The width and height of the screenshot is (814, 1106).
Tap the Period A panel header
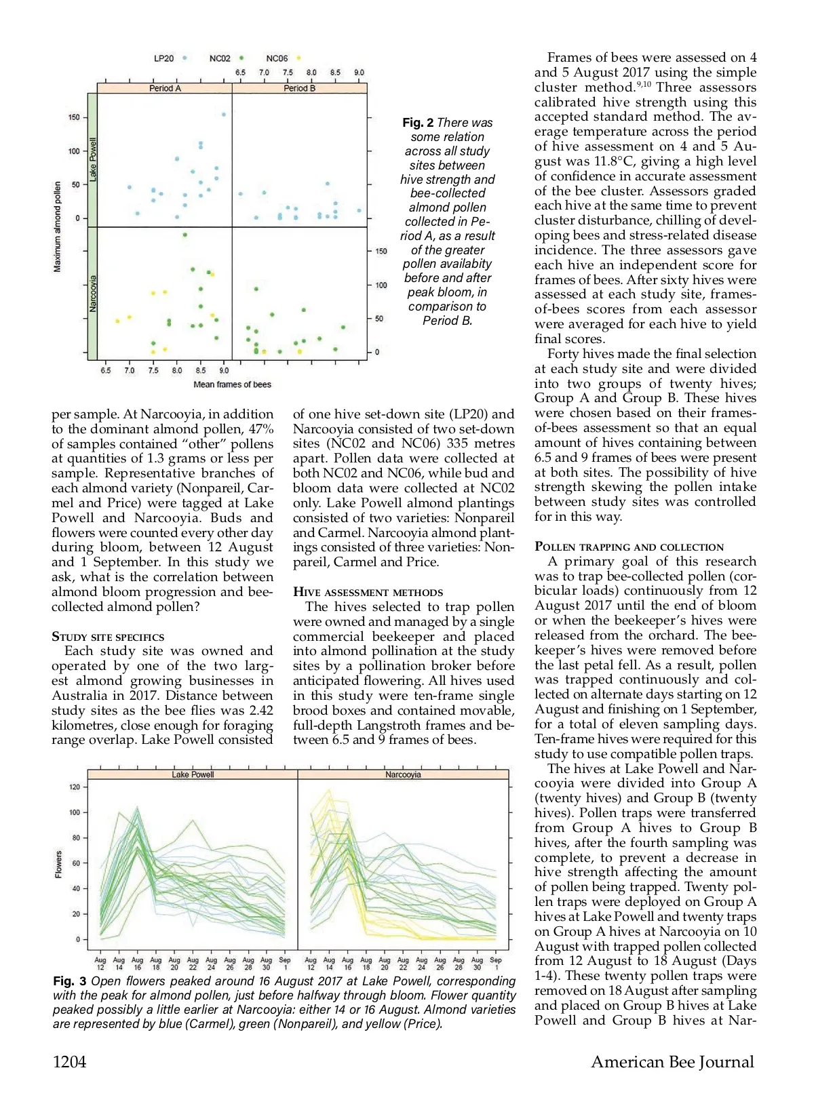click(165, 88)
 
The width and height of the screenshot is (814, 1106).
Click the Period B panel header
click(299, 88)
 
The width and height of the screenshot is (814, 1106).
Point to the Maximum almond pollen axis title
click(57, 226)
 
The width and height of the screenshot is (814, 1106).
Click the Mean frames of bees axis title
click(232, 384)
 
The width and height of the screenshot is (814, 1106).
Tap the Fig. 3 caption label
click(69, 981)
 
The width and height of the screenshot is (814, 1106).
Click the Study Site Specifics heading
click(108, 637)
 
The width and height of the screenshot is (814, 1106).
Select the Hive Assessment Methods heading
click(368, 592)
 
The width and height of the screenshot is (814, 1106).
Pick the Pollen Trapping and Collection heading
click(629, 547)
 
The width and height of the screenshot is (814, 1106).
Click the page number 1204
click(69, 1062)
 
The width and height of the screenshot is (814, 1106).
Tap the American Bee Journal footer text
click(672, 1062)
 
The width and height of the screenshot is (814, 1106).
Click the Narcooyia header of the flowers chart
click(403, 774)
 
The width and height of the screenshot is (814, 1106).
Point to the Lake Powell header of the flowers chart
click(193, 774)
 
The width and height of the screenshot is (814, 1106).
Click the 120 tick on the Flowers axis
click(75, 787)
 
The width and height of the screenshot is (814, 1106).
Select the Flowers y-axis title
click(58, 864)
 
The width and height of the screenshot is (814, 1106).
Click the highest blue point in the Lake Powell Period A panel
click(224, 115)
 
